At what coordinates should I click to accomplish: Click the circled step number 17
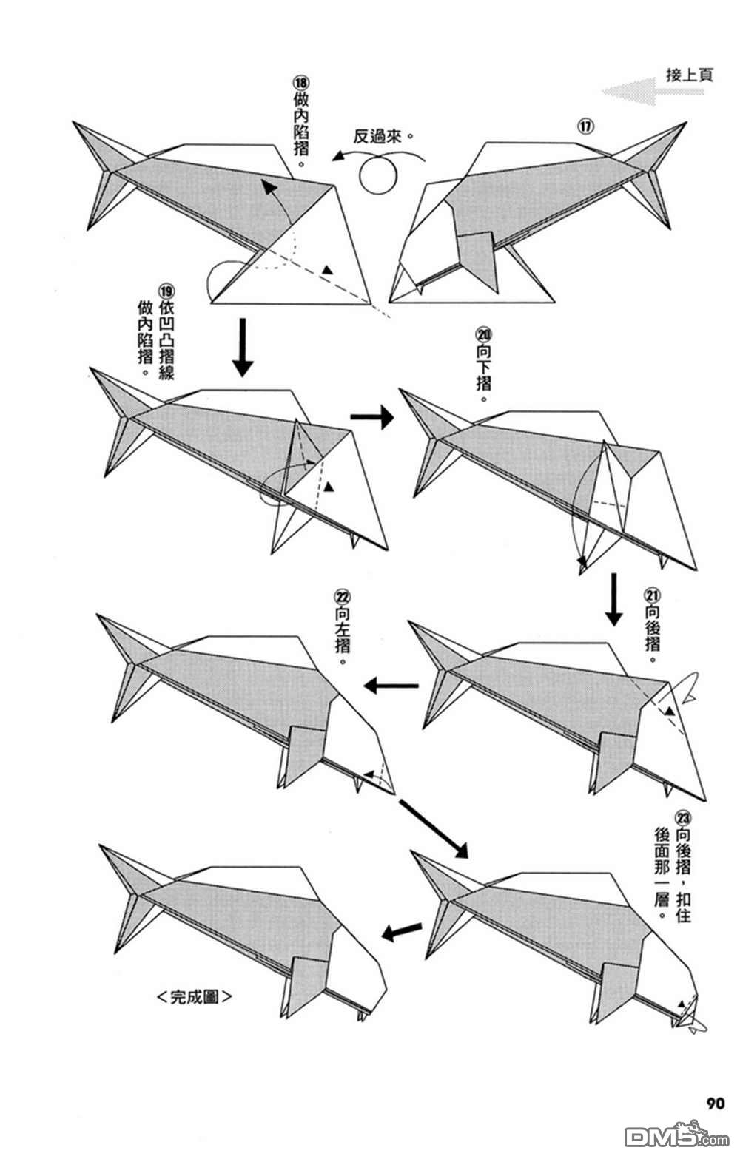(585, 126)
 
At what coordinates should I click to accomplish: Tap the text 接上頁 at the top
(689, 75)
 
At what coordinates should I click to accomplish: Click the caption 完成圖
(195, 996)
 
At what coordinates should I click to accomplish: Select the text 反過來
(382, 137)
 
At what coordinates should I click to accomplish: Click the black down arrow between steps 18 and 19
(243, 347)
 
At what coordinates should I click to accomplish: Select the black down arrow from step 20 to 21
(613, 598)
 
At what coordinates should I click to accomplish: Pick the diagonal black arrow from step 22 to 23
(434, 828)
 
